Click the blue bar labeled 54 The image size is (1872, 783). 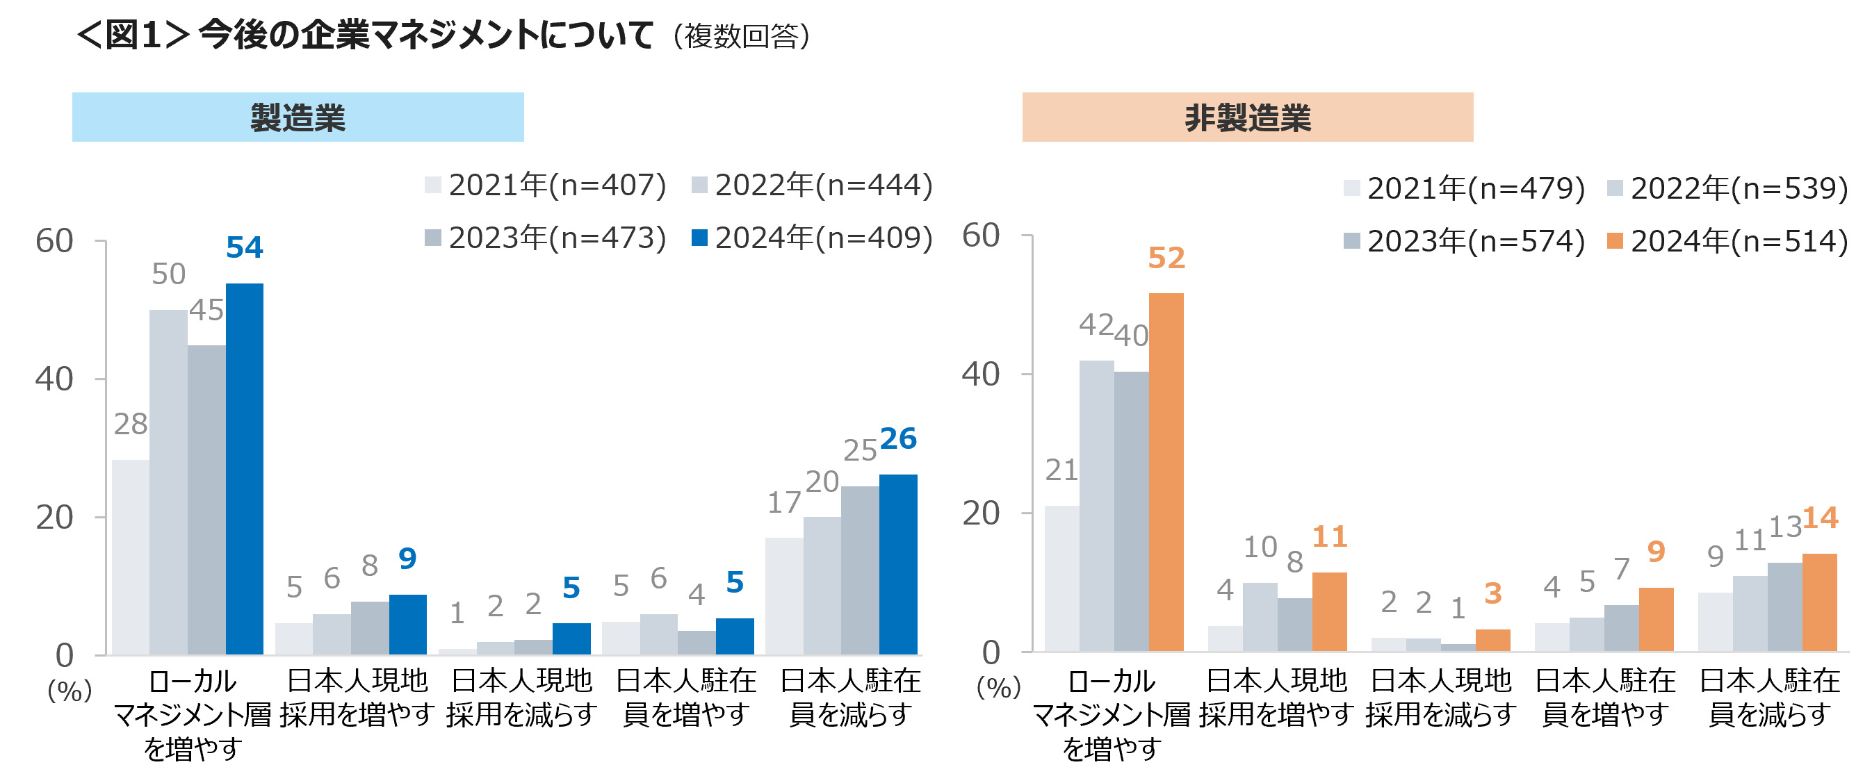244,468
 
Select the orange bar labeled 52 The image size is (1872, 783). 1166,472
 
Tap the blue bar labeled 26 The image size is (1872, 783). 898,564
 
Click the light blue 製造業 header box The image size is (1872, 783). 298,117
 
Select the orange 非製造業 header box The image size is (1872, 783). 1247,117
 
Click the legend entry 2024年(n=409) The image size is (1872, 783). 813,238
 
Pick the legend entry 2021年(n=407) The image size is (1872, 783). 546,186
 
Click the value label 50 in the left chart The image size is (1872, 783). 169,274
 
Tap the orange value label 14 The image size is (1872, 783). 1821,518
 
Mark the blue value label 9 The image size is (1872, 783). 407,559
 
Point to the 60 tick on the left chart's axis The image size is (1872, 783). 54,241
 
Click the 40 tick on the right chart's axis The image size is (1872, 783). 980,374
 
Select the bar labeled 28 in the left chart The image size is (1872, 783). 131,557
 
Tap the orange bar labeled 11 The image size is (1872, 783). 1329,611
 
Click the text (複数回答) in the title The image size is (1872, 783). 741,36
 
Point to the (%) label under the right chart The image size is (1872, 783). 998,687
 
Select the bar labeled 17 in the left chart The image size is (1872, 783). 784,595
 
